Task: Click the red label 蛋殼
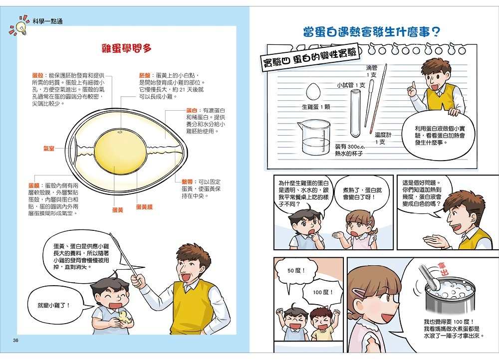click(x=37, y=75)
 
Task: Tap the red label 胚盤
click(x=145, y=75)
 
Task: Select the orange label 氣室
click(x=49, y=149)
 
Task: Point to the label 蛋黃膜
click(x=144, y=207)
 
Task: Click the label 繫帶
click(x=187, y=182)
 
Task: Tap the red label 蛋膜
click(x=34, y=185)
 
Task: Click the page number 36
click(x=15, y=340)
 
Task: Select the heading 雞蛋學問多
click(x=126, y=48)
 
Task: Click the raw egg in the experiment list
click(x=313, y=92)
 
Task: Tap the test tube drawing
click(x=355, y=113)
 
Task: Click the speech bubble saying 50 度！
click(x=296, y=270)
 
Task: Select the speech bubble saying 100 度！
click(x=322, y=292)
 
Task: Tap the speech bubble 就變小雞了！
click(x=53, y=305)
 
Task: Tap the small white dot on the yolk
click(x=120, y=132)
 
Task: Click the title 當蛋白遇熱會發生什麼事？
click(x=371, y=32)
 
